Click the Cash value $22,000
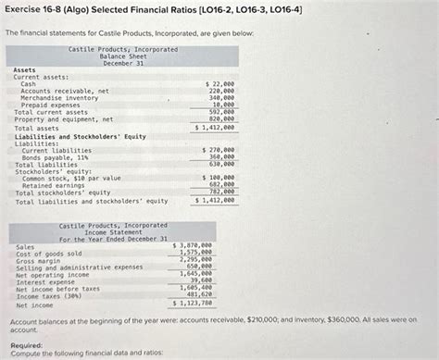[x=219, y=84]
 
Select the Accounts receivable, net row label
[x=65, y=91]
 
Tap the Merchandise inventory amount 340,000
[x=221, y=98]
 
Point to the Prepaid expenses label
[x=52, y=105]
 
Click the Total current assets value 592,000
[x=221, y=112]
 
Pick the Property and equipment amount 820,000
[x=221, y=119]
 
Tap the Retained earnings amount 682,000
[x=221, y=185]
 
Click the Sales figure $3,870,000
[x=194, y=219]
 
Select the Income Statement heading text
[x=113, y=231]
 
